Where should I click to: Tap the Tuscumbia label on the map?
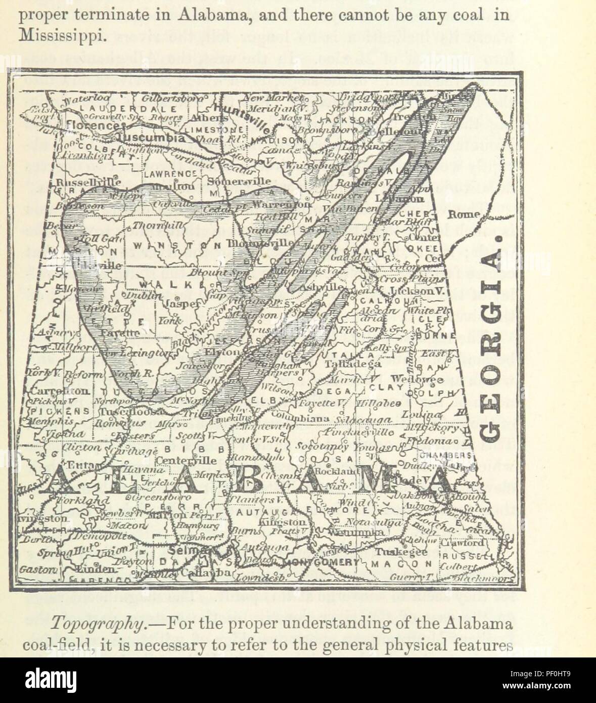(x=151, y=138)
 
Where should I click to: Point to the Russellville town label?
(x=87, y=182)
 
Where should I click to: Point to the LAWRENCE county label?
(x=162, y=173)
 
